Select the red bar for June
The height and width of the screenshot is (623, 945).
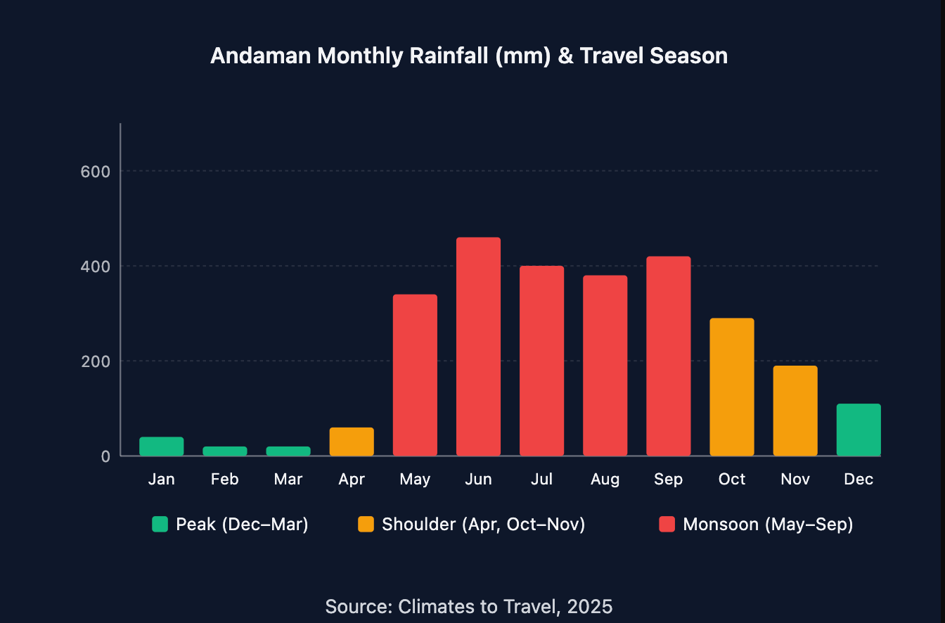click(478, 347)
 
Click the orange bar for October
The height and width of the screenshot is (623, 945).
click(731, 387)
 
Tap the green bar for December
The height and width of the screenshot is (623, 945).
click(858, 430)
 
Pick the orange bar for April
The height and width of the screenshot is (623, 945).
click(352, 442)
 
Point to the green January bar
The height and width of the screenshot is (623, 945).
click(162, 447)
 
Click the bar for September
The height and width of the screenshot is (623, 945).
click(668, 356)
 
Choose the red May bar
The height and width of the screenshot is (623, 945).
click(415, 375)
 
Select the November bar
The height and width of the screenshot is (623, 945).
click(795, 411)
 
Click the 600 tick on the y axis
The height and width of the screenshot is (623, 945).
click(96, 172)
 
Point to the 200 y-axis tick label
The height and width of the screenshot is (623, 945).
click(96, 361)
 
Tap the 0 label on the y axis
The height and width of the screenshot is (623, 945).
click(105, 456)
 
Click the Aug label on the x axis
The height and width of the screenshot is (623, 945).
click(605, 480)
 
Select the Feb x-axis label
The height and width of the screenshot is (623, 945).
click(225, 480)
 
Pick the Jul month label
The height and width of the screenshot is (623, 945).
click(541, 480)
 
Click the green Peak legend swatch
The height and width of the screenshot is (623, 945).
click(160, 525)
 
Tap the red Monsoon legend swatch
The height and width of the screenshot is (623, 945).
click(667, 525)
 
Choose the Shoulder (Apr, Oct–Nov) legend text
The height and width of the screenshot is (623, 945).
click(483, 525)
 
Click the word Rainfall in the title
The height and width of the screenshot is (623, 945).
click(449, 56)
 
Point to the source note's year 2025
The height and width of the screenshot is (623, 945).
click(590, 606)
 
